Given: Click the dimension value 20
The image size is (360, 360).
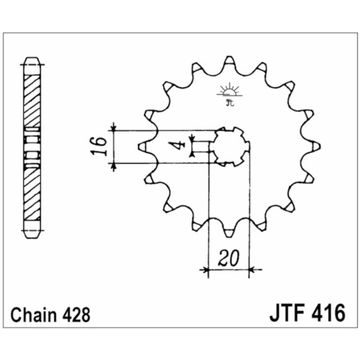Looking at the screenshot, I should [x=229, y=258].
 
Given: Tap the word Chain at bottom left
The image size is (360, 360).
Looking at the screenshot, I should [x=33, y=315].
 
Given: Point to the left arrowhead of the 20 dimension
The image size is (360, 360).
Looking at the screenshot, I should [x=206, y=269].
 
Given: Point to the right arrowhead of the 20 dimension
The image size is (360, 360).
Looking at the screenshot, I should [x=252, y=269].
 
